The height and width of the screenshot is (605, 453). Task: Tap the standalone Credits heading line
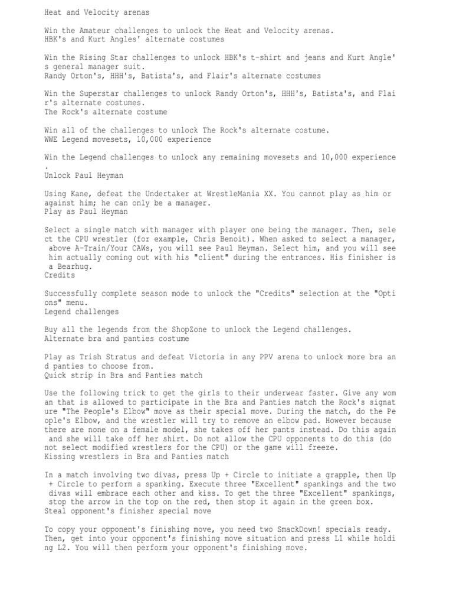coord(60,275)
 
